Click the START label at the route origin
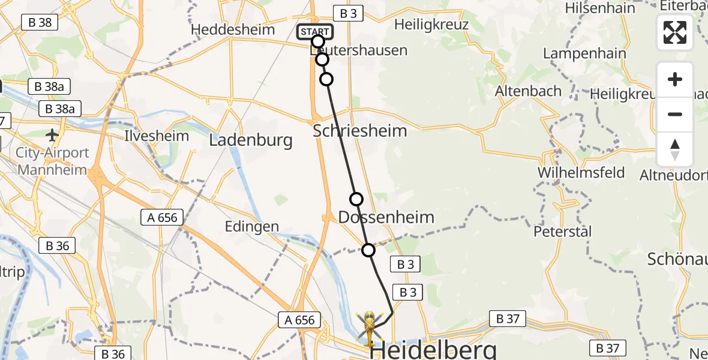(314, 32)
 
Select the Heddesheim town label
(232, 29)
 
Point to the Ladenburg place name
(251, 140)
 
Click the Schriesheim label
(360, 130)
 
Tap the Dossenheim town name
(386, 217)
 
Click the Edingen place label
(252, 226)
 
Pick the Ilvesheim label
(157, 136)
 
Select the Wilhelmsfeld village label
(581, 173)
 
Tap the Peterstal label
(563, 231)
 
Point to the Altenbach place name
(528, 91)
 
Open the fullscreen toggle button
(675, 32)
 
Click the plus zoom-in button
(675, 79)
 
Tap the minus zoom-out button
(675, 114)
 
